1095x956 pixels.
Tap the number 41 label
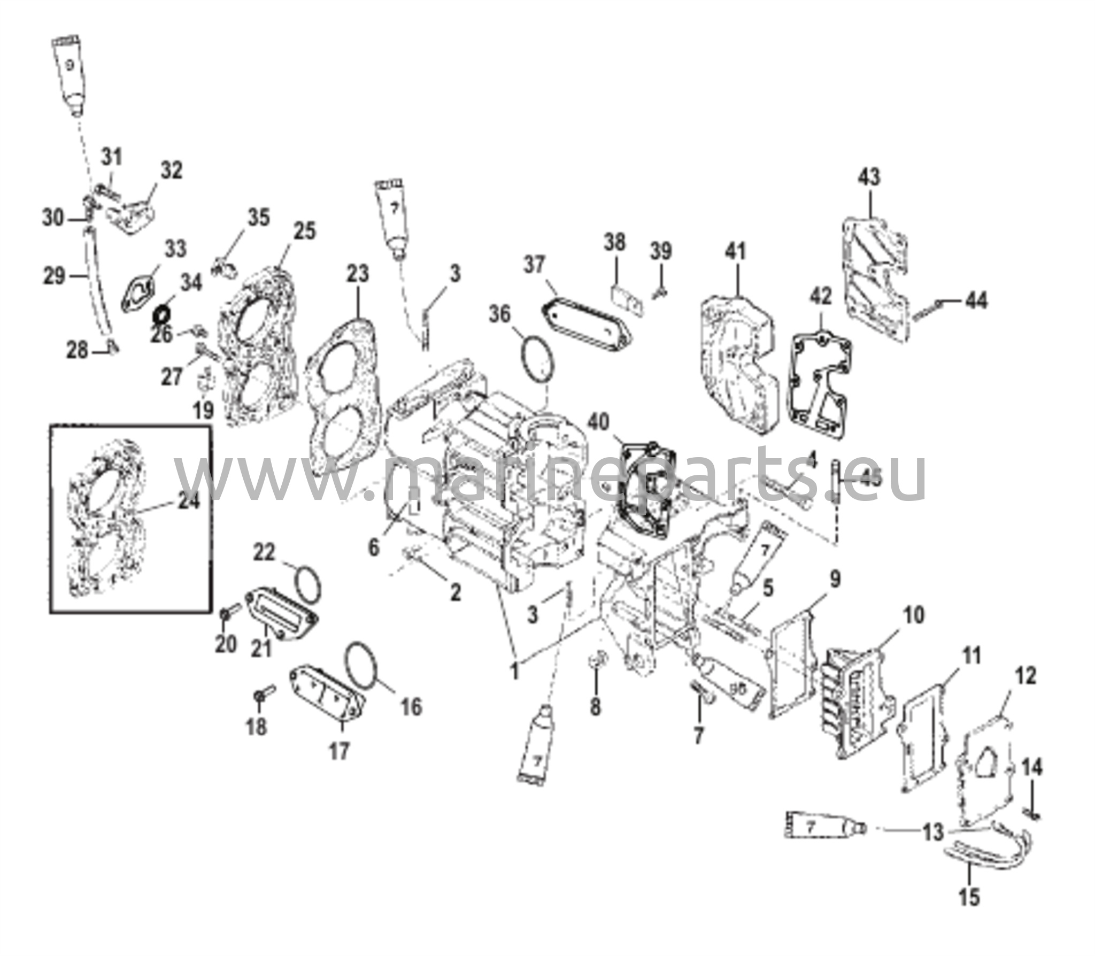click(x=736, y=251)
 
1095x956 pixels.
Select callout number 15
click(x=969, y=897)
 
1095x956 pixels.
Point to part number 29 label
click(x=53, y=276)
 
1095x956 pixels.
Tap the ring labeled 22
click(x=307, y=587)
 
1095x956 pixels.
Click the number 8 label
click(x=595, y=706)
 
